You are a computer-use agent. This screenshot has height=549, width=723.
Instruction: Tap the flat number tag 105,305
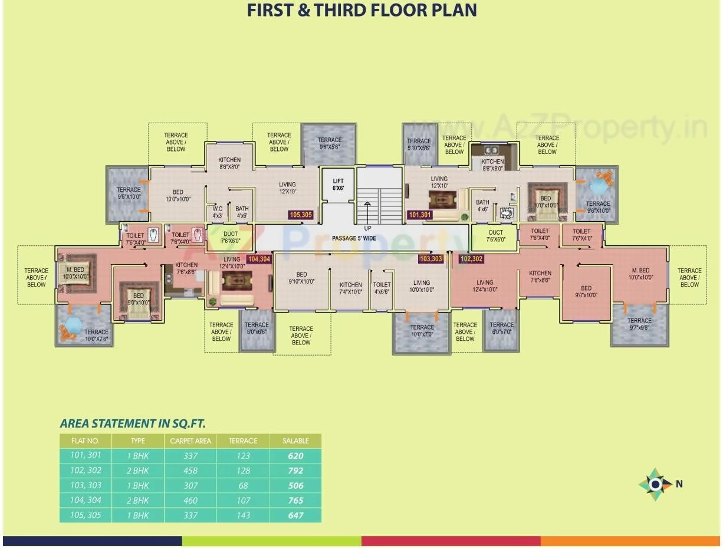(301, 215)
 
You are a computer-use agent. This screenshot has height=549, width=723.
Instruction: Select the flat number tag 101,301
(420, 215)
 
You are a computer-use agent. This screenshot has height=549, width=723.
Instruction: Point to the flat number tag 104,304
(259, 259)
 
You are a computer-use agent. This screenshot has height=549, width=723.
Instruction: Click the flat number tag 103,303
(430, 259)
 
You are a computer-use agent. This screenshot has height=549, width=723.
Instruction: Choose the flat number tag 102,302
(471, 259)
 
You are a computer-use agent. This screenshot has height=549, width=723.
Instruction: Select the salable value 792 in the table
(295, 471)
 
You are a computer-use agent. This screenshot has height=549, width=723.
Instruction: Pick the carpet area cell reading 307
(190, 485)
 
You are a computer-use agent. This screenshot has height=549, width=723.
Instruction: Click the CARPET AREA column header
(190, 441)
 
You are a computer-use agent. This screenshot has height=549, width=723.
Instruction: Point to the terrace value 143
(243, 515)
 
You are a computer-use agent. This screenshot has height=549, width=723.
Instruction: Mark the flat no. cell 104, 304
(86, 500)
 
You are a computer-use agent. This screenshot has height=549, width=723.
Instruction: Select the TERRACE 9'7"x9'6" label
(639, 324)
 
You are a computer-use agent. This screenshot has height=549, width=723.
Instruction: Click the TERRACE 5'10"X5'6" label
(419, 144)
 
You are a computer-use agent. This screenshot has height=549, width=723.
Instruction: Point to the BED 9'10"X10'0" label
(301, 278)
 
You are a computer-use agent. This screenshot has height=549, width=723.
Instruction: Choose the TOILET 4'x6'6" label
(382, 288)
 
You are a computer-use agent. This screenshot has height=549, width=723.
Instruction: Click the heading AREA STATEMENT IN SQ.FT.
(133, 423)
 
